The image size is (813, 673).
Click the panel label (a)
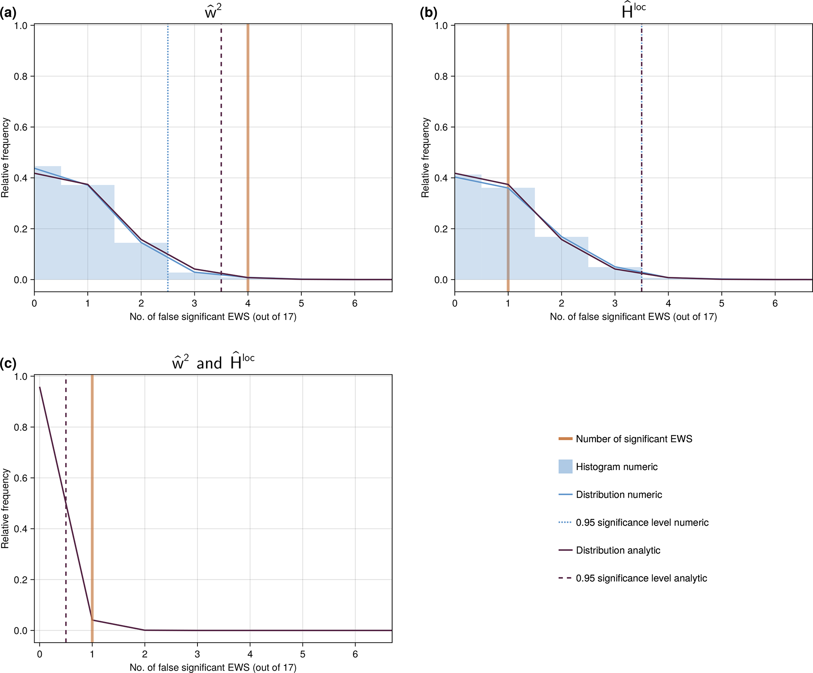(8, 13)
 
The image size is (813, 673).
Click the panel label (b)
(428, 13)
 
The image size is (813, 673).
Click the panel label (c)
(8, 363)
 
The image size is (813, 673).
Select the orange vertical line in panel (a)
(248, 118)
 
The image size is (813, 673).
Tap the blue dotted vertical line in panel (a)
(168, 118)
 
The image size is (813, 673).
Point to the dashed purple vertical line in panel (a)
(221, 118)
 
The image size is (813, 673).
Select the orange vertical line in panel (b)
(508, 98)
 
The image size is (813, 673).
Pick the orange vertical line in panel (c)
(92, 472)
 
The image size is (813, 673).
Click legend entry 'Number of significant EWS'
(634, 439)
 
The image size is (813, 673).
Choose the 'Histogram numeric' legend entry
(616, 467)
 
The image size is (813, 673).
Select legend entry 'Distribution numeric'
(619, 495)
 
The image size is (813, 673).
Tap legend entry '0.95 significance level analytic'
(641, 578)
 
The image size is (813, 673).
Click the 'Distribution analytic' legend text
(618, 550)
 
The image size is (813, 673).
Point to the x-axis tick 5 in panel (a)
(301, 303)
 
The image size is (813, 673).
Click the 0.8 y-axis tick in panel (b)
(441, 76)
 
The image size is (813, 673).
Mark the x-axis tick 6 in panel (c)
(355, 654)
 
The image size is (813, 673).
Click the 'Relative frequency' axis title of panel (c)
(5, 508)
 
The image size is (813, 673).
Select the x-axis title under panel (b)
(633, 317)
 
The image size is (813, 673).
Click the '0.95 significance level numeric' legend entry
(642, 523)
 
